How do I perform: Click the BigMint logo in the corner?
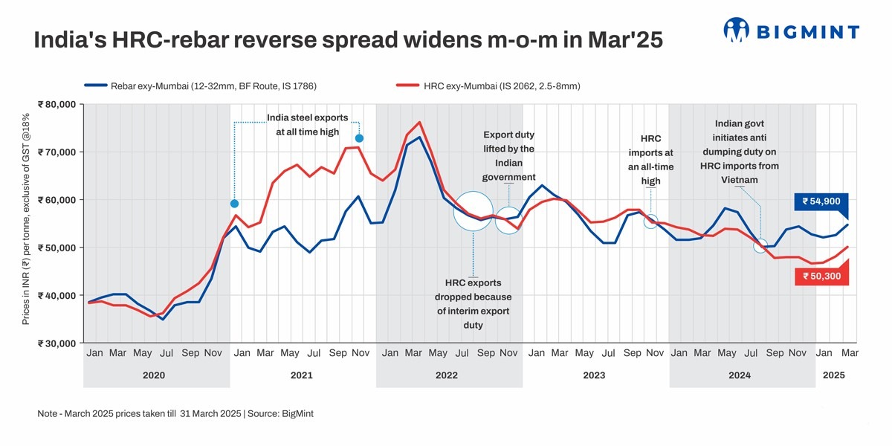[x=791, y=30]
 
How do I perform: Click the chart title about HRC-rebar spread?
[x=348, y=41]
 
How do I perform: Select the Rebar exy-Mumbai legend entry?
[x=201, y=86]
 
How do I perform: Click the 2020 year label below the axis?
[x=154, y=376]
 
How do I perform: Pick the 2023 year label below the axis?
[x=594, y=376]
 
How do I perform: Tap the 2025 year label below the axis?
[x=833, y=376]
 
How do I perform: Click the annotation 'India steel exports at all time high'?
[x=307, y=125]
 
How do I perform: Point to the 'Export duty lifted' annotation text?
[x=509, y=156]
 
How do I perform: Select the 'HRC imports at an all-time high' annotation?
[x=650, y=160]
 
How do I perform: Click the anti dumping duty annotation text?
[x=740, y=152]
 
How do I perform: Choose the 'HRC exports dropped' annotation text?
[x=473, y=304]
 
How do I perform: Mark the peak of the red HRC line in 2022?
[x=419, y=122]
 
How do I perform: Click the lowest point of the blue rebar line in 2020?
[x=163, y=319]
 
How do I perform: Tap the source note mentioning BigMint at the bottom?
[x=175, y=413]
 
